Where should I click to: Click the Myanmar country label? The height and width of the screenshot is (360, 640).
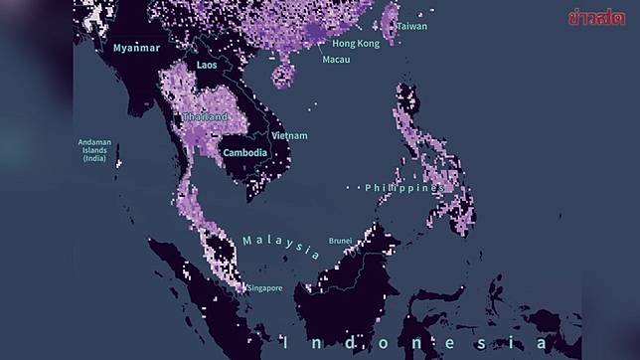(x=137, y=48)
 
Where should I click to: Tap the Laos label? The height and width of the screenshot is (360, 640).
(x=207, y=65)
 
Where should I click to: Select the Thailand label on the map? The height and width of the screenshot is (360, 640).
(x=205, y=116)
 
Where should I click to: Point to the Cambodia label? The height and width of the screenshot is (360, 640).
(x=244, y=152)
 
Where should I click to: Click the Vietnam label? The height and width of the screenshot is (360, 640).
(x=289, y=135)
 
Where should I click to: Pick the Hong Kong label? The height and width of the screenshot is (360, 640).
(x=356, y=44)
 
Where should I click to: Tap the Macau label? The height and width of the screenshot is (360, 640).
(x=336, y=60)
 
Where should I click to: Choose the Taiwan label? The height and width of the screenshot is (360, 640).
(x=411, y=26)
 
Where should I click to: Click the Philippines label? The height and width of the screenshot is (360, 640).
(x=403, y=187)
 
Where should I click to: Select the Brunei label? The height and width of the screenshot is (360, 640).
(x=341, y=240)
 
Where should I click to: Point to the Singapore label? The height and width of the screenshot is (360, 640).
(x=265, y=288)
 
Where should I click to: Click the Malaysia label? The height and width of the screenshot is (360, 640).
(x=280, y=246)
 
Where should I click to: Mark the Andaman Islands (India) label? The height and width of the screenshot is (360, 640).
(x=94, y=150)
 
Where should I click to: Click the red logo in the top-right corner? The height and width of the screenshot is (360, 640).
(x=596, y=17)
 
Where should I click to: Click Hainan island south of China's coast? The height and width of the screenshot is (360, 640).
(x=283, y=74)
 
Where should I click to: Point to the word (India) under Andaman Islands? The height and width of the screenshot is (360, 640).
(x=94, y=158)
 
